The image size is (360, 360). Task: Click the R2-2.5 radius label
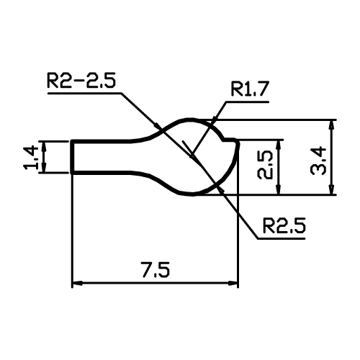pos(81,80)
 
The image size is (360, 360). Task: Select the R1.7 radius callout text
pos(250,89)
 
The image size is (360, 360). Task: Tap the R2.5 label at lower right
pos(284,225)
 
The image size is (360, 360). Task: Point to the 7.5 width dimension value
pos(156,270)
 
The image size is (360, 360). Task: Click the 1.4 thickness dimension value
pos(31,158)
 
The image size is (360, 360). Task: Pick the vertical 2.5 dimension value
pos(265,165)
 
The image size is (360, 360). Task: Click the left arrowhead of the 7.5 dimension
pos(77,284)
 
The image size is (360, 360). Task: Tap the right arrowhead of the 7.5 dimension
pos(233,284)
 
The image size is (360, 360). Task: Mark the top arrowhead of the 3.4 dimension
pos(331,125)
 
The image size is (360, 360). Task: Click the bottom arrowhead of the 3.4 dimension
pos(331,189)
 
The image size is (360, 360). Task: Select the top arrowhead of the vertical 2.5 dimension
pos(279,145)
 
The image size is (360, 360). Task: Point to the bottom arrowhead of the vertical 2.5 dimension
pos(279,189)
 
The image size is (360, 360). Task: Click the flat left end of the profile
pos(72,157)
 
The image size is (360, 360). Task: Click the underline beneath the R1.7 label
pos(247,102)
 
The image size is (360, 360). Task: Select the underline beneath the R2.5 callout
pos(282,238)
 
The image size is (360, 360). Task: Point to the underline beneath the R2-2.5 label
pos(85,93)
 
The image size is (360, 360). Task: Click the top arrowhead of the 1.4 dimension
pos(44,147)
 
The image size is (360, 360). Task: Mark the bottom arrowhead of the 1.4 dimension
pos(44,167)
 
